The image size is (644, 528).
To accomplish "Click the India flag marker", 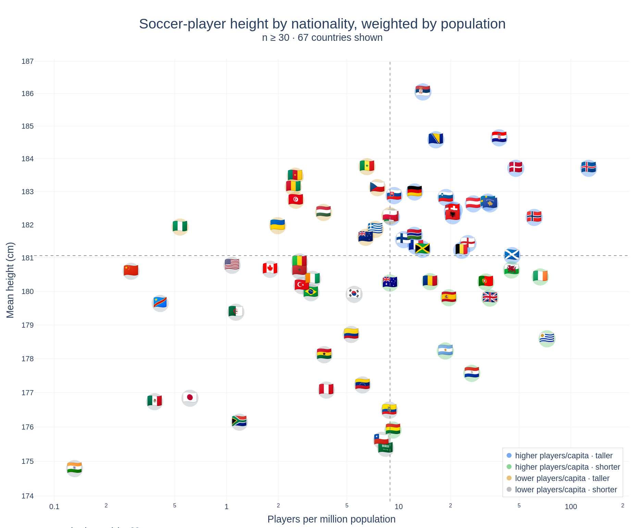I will [x=74, y=468].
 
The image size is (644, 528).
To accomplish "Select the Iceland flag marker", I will [x=589, y=168].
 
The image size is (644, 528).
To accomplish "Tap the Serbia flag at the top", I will [x=423, y=92].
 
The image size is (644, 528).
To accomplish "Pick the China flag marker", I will [x=131, y=271].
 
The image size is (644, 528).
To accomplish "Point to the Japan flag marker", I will [x=190, y=398].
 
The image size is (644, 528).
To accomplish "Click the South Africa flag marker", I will [x=239, y=422].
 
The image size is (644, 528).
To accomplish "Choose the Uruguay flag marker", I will [x=547, y=339].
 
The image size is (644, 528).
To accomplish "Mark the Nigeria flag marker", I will [x=180, y=227].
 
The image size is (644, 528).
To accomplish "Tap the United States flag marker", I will [x=232, y=265].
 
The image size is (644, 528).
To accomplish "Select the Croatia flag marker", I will [x=499, y=138].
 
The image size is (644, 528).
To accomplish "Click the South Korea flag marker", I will [x=354, y=294].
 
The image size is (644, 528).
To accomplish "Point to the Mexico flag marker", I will [x=154, y=401].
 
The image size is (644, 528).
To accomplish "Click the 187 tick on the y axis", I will [x=27, y=61].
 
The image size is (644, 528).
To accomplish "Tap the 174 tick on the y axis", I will [x=27, y=496].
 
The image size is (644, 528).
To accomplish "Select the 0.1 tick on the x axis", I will [x=54, y=507].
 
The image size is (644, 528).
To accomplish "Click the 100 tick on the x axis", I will [x=571, y=507].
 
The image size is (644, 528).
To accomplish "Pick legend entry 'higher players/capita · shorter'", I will [x=567, y=467].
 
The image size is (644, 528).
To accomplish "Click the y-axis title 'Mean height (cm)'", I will [x=10, y=280].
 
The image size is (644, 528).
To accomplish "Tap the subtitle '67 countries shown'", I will [x=340, y=38].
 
